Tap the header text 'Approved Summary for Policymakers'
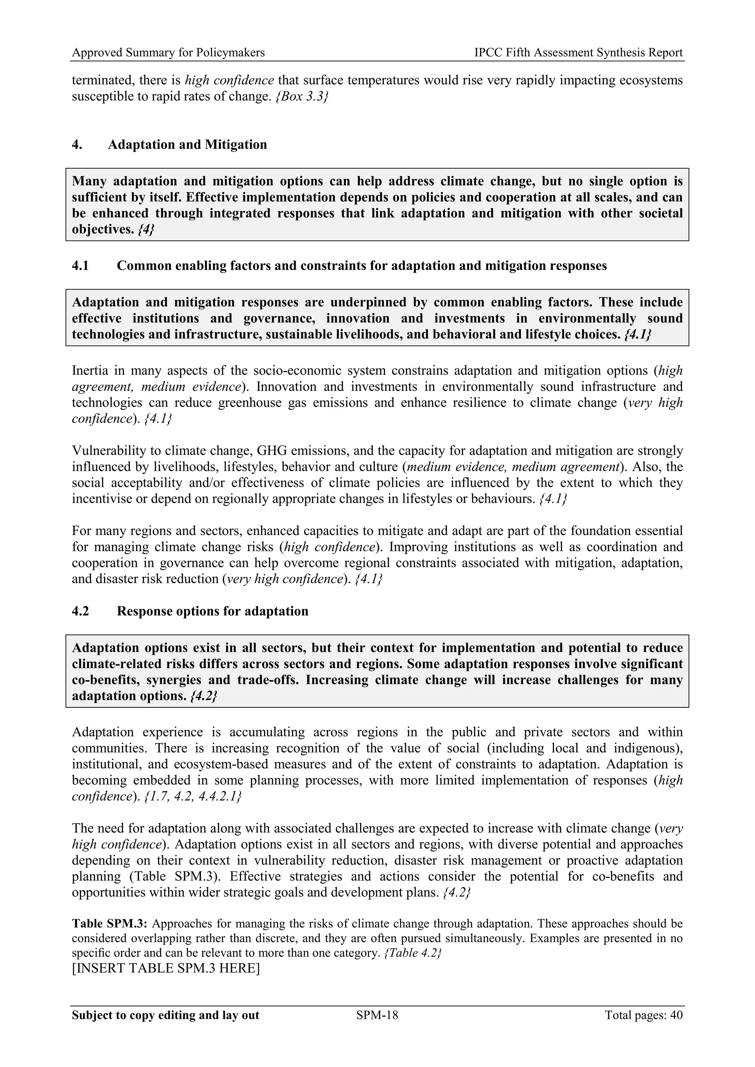coord(168,53)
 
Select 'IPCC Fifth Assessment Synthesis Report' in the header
coord(578,53)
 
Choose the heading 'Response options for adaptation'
coord(212,611)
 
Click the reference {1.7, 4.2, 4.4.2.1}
coord(193,797)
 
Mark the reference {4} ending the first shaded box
coord(146,230)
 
